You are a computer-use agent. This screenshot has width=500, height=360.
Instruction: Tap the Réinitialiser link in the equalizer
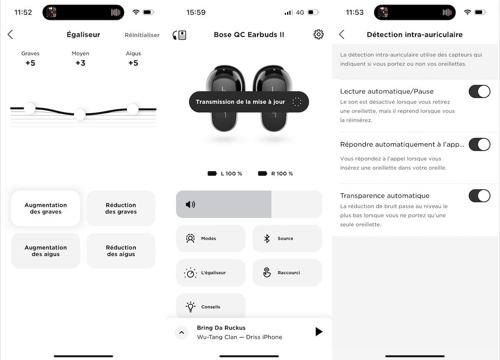point(142,35)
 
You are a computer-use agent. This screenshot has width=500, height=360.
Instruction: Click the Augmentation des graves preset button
point(46,208)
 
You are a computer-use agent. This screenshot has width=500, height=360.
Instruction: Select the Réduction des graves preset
point(121,208)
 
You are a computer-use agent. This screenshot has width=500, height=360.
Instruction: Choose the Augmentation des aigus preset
point(46,251)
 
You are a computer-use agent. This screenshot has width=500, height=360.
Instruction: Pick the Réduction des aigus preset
point(121,251)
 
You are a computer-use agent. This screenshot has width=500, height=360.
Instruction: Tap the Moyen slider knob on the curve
point(80,114)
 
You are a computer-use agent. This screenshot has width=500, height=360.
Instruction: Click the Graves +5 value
point(30,63)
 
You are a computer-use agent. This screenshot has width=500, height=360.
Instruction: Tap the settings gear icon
point(318,35)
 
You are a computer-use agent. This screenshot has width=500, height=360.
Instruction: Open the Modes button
point(210,238)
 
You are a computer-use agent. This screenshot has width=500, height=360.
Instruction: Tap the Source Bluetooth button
point(287,238)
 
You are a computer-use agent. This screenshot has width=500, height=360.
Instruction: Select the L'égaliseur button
point(210,272)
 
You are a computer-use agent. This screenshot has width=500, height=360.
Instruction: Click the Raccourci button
point(287,272)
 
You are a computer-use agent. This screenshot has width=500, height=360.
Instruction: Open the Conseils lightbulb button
point(210,307)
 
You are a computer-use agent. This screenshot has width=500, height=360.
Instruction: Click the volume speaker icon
point(190,204)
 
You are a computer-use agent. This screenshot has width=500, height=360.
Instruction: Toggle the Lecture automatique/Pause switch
point(479,91)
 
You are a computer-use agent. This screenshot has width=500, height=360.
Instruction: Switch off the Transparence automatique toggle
point(479,195)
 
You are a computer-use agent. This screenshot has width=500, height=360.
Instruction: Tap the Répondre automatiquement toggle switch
point(479,145)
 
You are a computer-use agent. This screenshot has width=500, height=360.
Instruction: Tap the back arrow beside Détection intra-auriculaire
point(342,35)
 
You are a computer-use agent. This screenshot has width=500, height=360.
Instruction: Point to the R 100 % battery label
point(282,173)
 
